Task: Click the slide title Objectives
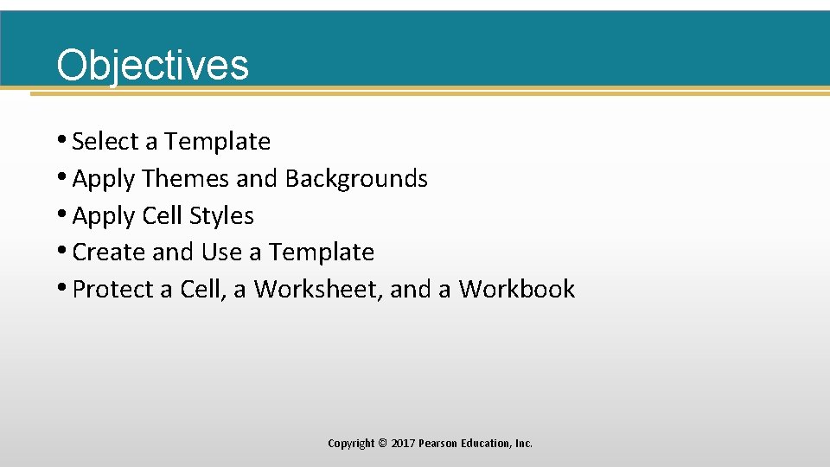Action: [x=152, y=65]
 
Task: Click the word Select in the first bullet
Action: [x=105, y=141]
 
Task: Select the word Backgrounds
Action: [x=356, y=178]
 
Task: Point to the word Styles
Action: [x=220, y=215]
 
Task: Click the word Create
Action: [x=109, y=253]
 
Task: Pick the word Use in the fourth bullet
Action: [x=221, y=253]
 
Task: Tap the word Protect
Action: [x=113, y=289]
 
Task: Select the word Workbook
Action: [x=516, y=289]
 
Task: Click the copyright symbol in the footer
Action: [x=382, y=444]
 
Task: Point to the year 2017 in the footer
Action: [x=402, y=444]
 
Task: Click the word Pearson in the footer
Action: [x=438, y=444]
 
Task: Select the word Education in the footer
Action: [x=486, y=444]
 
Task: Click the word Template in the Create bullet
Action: [x=321, y=253]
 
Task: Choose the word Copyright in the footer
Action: [x=351, y=444]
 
